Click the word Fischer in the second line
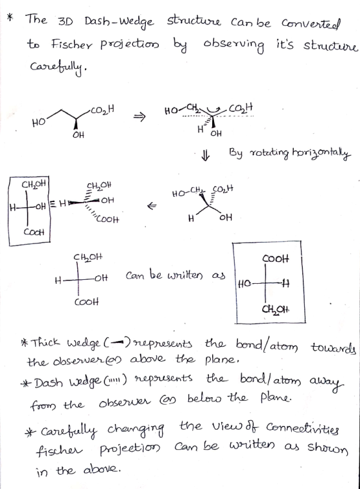tap(72, 44)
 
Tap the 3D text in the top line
tap(65, 21)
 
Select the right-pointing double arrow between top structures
tap(139, 117)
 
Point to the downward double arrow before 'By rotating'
tap(205, 155)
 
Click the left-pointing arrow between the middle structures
tap(152, 205)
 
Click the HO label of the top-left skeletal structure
tap(39, 122)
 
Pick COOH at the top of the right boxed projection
tap(276, 258)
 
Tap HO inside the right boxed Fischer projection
tap(245, 284)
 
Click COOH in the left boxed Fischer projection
tap(34, 232)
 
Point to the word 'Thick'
tap(46, 342)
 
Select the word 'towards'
tap(333, 347)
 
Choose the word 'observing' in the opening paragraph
tap(233, 46)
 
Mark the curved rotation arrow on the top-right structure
tap(213, 111)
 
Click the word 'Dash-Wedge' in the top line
tap(119, 23)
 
